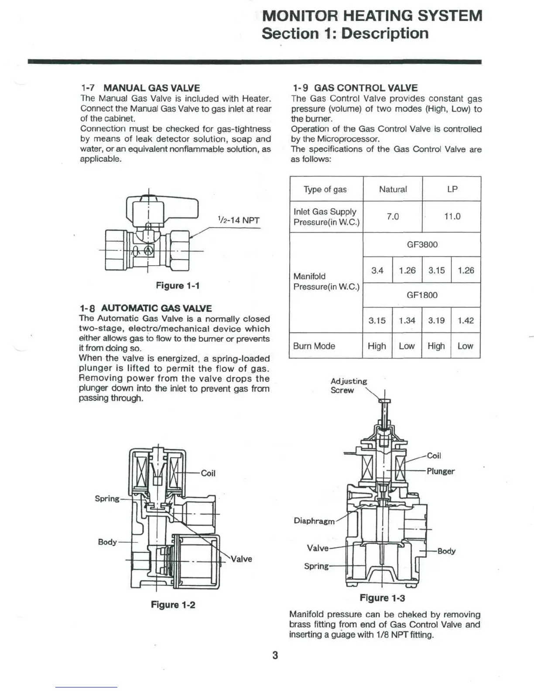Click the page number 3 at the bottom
coord(275,655)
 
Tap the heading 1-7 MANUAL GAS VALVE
coord(140,88)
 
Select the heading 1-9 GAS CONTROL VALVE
coord(354,88)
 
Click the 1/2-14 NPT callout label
coord(238,220)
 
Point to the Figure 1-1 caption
coord(178,286)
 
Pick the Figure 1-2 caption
coord(173,605)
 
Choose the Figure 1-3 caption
coord(382,598)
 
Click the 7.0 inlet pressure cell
coord(393,216)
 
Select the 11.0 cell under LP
coord(452,216)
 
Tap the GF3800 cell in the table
coord(422,244)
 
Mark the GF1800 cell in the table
coord(422,295)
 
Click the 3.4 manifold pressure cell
coord(377,270)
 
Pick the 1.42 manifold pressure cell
coord(466,321)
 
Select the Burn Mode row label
coord(314,346)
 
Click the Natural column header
coord(393,189)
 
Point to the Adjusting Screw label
coord(349,386)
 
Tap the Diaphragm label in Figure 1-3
coord(314,521)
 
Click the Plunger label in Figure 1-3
coord(441,471)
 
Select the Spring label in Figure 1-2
coord(107,499)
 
